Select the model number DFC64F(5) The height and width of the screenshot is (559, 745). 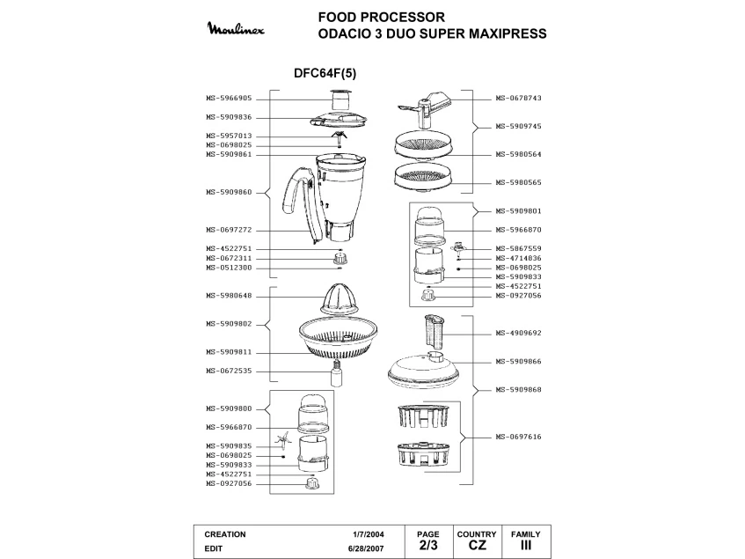tap(325, 74)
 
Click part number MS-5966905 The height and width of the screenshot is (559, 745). tap(229, 99)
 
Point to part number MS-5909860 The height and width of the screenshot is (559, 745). tap(229, 192)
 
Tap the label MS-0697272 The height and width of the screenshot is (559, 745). tap(229, 230)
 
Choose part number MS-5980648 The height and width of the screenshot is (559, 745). tap(229, 296)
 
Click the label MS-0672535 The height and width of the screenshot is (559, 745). tap(229, 371)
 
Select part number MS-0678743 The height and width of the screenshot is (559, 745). tap(518, 99)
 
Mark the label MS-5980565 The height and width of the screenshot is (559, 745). tap(518, 182)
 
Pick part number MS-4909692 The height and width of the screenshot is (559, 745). tap(518, 334)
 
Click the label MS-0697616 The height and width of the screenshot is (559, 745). tap(518, 437)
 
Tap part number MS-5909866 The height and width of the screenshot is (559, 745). tap(518, 362)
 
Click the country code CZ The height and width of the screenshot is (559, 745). tap(477, 546)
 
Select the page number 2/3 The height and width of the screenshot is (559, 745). tap(427, 546)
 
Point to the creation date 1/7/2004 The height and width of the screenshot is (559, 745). tap(369, 534)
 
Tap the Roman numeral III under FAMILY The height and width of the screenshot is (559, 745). tap(526, 546)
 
